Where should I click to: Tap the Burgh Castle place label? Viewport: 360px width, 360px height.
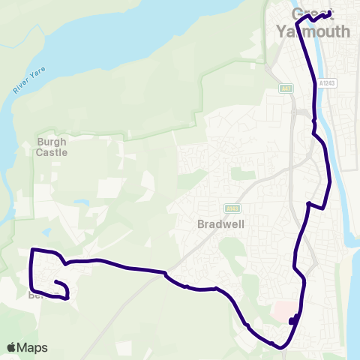(52, 146)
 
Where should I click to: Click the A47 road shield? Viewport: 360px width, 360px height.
(285, 88)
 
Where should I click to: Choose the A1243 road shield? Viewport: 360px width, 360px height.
(326, 83)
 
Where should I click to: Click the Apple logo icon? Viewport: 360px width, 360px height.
(11, 347)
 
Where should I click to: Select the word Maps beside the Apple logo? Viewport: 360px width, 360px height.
(33, 347)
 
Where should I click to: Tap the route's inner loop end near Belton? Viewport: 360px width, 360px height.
(56, 281)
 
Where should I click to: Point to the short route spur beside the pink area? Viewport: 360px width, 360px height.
(292, 320)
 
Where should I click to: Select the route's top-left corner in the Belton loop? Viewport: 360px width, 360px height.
(32, 249)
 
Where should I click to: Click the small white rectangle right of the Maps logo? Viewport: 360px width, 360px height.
(123, 347)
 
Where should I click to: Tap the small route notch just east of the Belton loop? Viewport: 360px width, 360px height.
(67, 263)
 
